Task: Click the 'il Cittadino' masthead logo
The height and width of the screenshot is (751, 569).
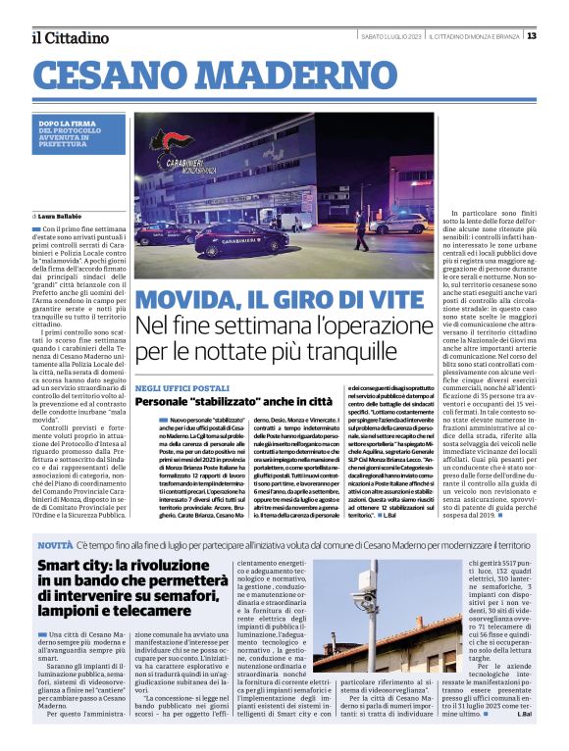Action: [70, 37]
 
